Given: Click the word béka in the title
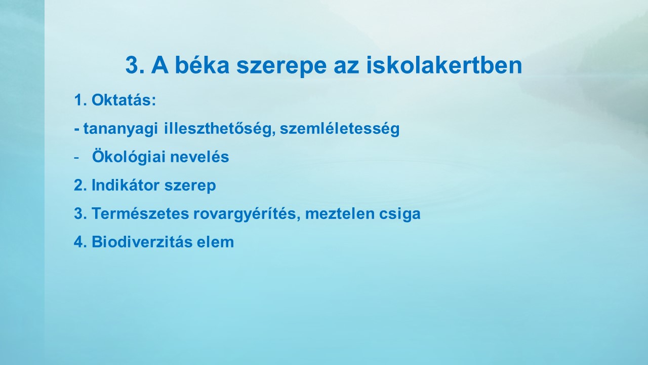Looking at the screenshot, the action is point(202,65).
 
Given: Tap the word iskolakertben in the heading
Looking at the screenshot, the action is point(444,65).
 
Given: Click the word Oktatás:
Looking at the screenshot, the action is point(124,100).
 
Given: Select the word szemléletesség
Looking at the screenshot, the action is point(340,129).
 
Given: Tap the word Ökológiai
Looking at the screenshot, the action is point(129,156).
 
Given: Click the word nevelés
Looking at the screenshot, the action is point(199,157).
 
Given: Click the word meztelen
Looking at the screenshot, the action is point(340,213).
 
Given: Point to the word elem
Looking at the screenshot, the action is point(215,242).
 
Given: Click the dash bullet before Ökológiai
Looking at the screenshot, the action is point(76,158).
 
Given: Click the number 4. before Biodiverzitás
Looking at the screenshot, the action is point(80,242).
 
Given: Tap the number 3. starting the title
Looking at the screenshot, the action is point(135,65).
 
